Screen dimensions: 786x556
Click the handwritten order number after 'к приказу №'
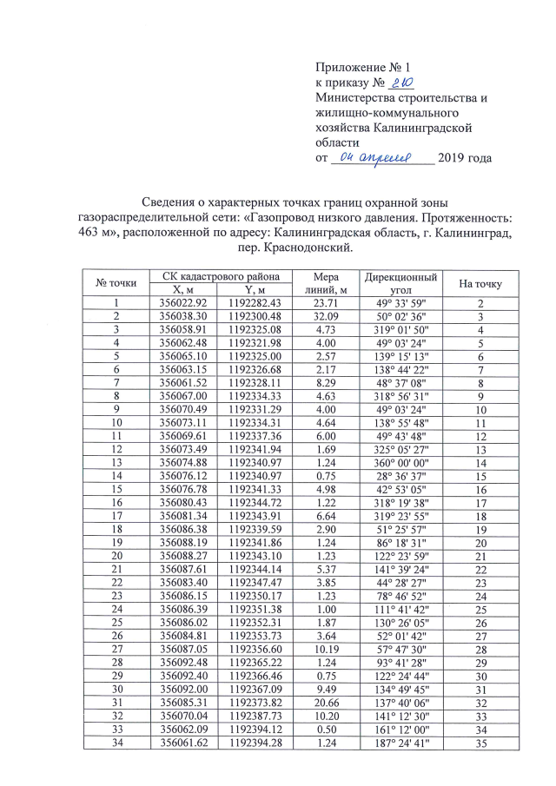(402, 82)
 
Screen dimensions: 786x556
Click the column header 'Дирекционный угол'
(400, 282)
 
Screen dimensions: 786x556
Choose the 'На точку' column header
(480, 282)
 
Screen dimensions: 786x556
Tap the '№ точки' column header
(116, 282)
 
